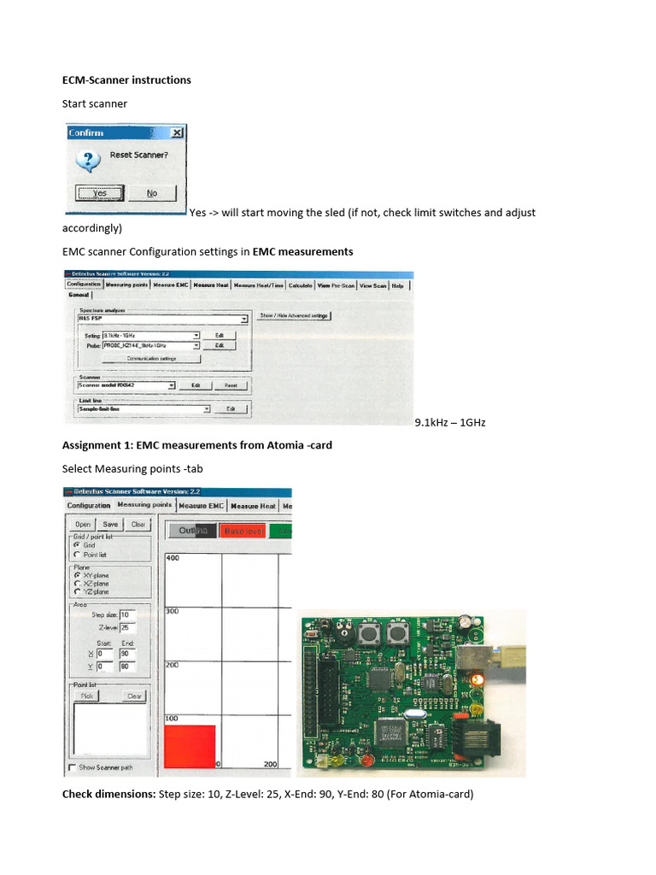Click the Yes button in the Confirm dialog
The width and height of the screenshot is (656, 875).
pyautogui.click(x=100, y=193)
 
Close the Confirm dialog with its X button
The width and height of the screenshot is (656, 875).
pyautogui.click(x=176, y=133)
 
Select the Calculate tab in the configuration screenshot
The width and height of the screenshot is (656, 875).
pyautogui.click(x=300, y=285)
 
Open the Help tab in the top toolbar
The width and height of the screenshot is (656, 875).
pyautogui.click(x=398, y=285)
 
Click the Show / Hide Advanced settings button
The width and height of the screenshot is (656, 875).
pyautogui.click(x=294, y=315)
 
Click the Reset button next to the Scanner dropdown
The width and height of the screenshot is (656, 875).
pyautogui.click(x=230, y=385)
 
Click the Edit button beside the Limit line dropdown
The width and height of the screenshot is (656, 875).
pyautogui.click(x=230, y=409)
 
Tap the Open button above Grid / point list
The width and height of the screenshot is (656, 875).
pyautogui.click(x=83, y=524)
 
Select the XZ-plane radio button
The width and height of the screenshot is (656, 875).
pyautogui.click(x=78, y=583)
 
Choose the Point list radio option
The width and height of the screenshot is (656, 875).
pyautogui.click(x=78, y=554)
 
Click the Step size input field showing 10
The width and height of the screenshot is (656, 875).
pyautogui.click(x=126, y=614)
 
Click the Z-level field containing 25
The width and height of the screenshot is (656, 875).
pyautogui.click(x=126, y=628)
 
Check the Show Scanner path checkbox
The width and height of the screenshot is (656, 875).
pyautogui.click(x=72, y=766)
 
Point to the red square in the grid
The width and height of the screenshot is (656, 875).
pyautogui.click(x=190, y=746)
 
